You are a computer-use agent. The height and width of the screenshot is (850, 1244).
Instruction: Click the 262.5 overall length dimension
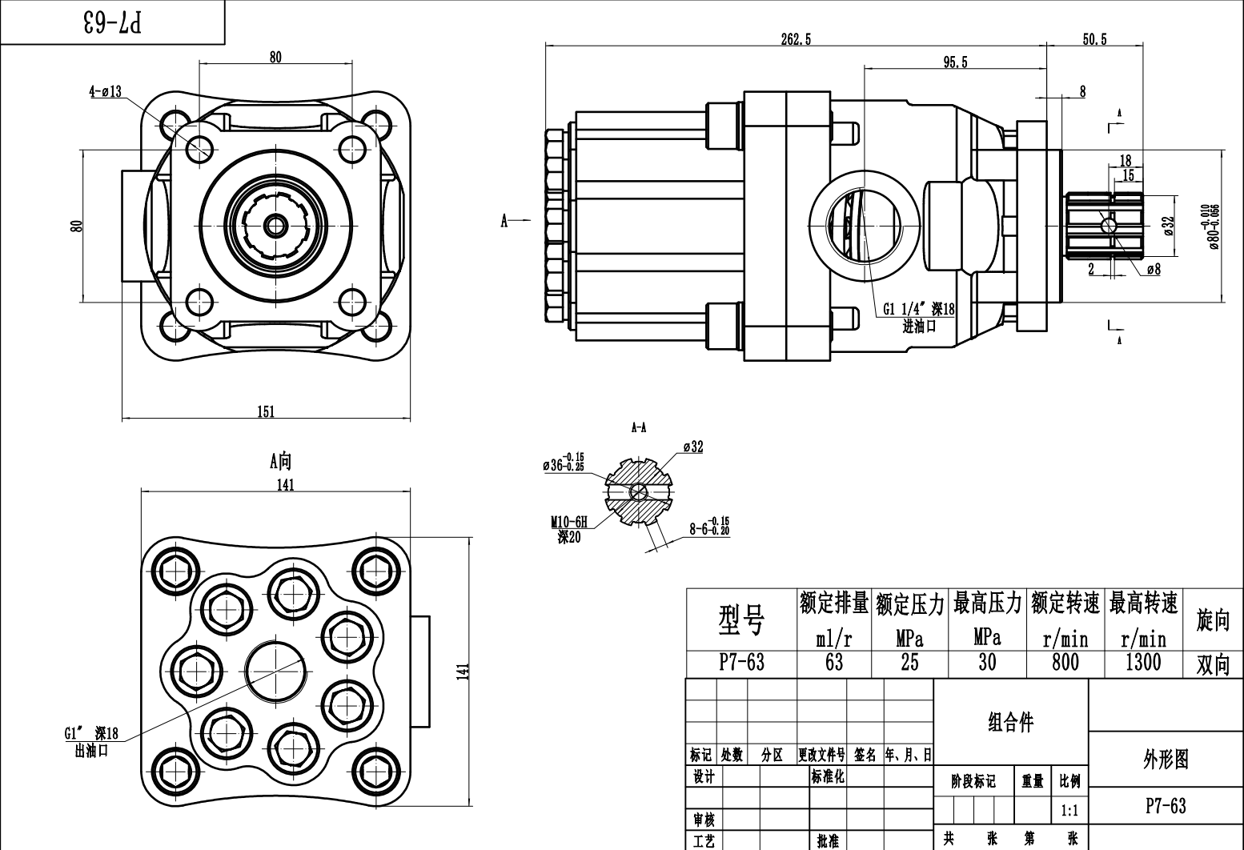796,39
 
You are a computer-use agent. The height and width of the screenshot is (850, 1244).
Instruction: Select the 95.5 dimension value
955,62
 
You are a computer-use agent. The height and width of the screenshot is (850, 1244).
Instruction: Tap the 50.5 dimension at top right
1094,39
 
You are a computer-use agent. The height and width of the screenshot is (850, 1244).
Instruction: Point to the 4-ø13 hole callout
105,91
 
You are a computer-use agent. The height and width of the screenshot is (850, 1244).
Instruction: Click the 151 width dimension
266,411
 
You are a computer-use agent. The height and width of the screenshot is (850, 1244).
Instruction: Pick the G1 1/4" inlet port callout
919,310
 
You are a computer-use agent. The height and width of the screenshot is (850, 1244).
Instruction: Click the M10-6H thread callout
569,523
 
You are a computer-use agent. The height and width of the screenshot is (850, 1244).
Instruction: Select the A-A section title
639,428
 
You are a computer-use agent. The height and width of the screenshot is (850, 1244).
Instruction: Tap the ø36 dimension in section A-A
563,462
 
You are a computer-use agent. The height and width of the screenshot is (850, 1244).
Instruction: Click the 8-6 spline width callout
709,527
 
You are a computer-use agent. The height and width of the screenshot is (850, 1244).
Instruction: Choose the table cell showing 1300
1142,662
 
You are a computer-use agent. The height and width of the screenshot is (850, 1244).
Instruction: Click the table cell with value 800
1065,662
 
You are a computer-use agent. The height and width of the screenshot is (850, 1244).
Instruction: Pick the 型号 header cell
741,619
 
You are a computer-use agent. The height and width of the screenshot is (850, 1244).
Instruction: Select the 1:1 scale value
1069,811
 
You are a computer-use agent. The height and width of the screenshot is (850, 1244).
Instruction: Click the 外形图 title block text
1166,759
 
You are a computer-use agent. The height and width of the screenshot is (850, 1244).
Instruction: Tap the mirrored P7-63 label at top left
112,22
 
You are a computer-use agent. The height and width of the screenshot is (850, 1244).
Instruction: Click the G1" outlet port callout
91,733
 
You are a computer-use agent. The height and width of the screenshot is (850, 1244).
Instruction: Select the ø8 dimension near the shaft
1153,270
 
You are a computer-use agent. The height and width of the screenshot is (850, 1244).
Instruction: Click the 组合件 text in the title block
1010,722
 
